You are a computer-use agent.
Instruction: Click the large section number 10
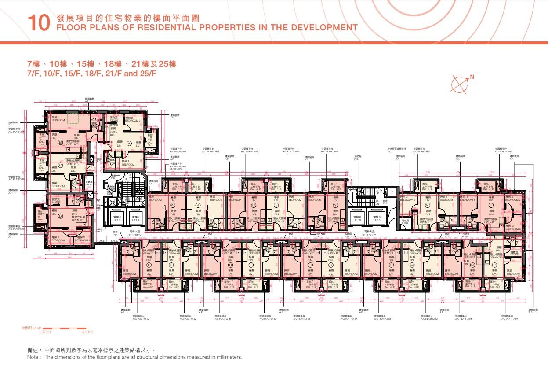tap(39, 23)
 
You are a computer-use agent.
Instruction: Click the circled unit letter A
tap(129, 144)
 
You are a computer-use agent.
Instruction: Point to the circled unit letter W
tap(173, 206)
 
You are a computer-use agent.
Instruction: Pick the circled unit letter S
tap(335, 206)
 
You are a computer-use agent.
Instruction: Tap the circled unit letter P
tap(494, 265)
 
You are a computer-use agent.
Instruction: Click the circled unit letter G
tap(230, 265)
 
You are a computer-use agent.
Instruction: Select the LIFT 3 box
tap(117, 219)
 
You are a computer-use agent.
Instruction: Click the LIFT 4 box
tap(136, 219)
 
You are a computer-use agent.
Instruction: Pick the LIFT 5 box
tap(376, 219)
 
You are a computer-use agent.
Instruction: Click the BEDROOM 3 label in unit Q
tap(513, 228)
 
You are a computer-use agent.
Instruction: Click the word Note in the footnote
tap(33, 357)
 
